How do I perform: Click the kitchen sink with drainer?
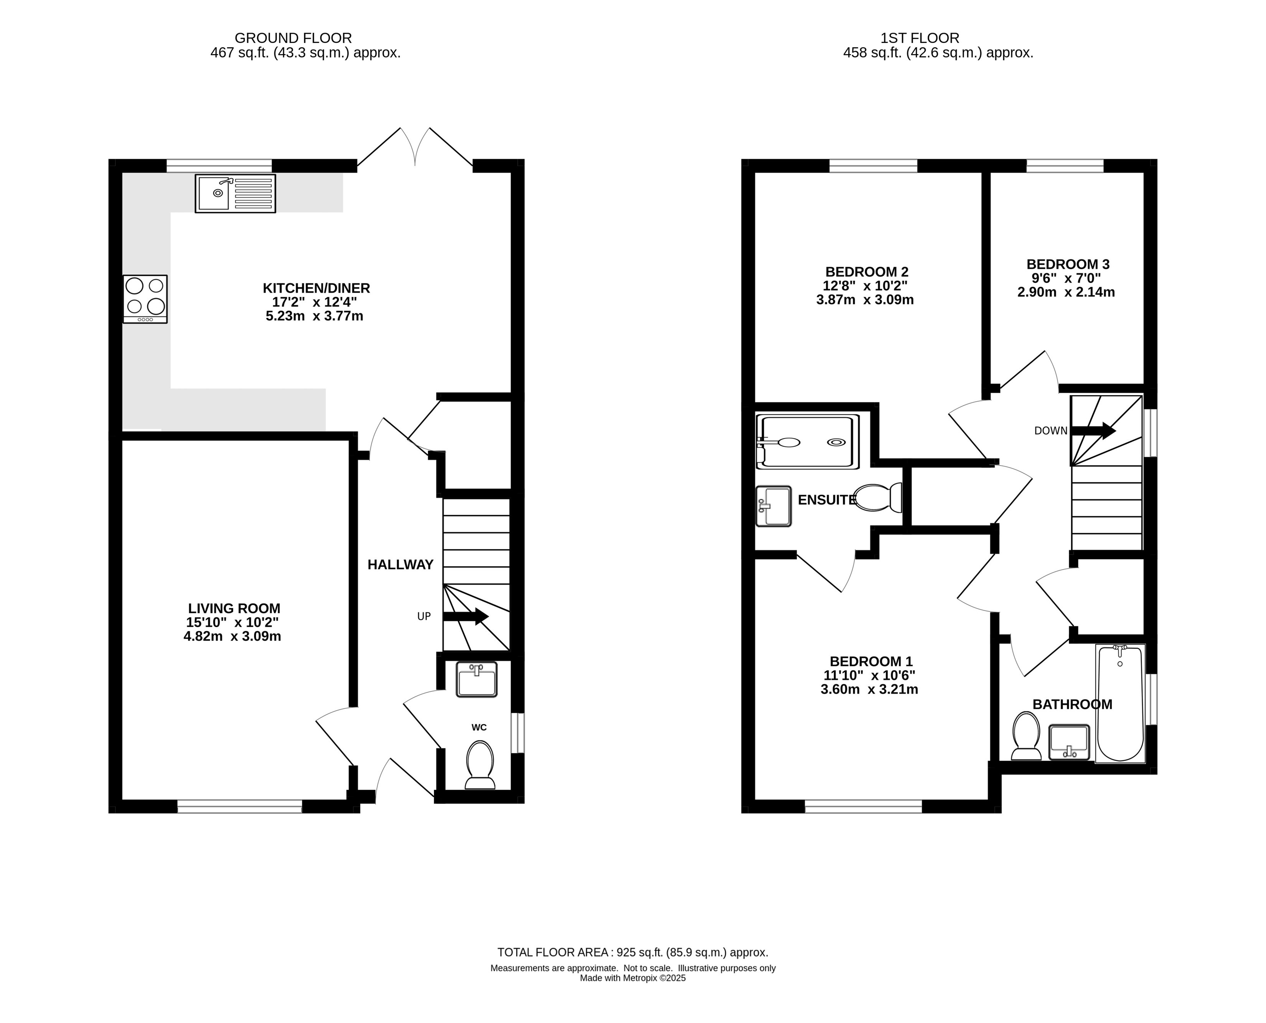click(235, 193)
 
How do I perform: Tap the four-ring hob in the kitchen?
click(145, 299)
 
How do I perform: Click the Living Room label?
click(234, 608)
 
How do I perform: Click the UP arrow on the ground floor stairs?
click(466, 616)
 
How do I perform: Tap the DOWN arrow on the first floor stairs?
click(1093, 431)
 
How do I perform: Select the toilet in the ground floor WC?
click(480, 765)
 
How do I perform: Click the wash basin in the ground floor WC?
click(477, 680)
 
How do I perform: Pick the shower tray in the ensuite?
click(808, 441)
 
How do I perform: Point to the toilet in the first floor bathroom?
click(1026, 736)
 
